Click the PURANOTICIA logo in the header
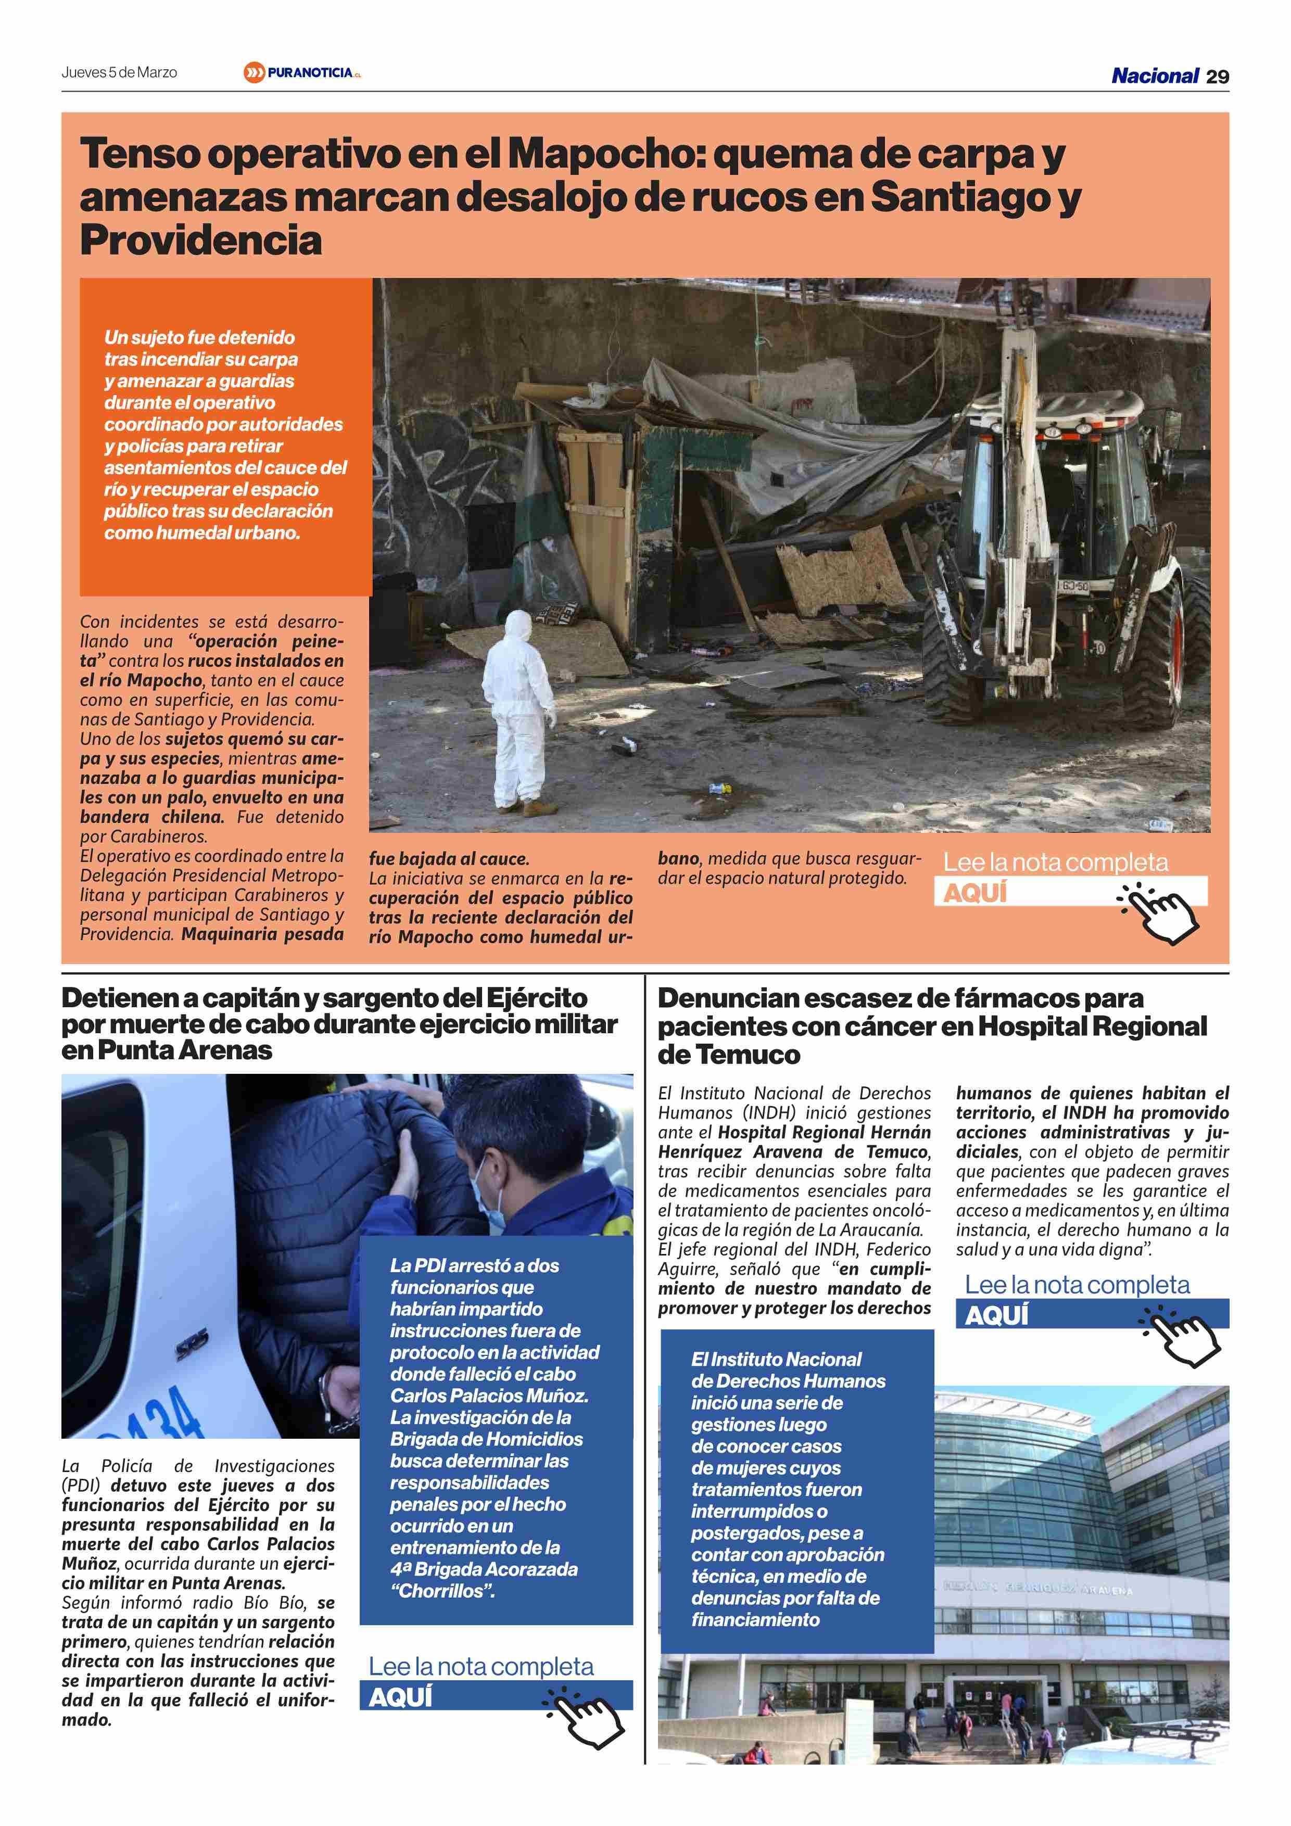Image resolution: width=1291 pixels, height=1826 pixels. point(303,73)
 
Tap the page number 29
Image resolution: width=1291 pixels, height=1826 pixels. point(1217,77)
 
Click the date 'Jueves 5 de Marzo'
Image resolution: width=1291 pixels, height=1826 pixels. point(119,72)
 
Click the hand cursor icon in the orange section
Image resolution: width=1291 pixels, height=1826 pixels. point(1160,911)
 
